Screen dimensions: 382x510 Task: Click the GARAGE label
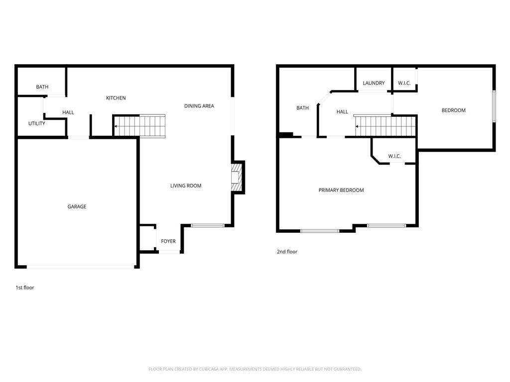pos(77,206)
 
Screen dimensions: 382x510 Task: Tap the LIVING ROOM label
pos(186,186)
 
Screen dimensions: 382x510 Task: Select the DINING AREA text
pos(199,106)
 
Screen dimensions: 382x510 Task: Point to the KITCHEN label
pos(116,98)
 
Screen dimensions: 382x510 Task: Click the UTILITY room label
pos(36,123)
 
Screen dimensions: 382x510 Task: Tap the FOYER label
pos(168,241)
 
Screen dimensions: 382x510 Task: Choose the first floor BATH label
pos(42,87)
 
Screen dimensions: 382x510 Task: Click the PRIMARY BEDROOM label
pos(341,190)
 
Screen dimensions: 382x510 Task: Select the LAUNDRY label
pos(374,83)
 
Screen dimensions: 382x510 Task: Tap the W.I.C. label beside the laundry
pos(404,83)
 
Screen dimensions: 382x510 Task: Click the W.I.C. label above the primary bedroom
pos(394,156)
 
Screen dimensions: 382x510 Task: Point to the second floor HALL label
pos(342,112)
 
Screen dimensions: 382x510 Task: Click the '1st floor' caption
pos(25,287)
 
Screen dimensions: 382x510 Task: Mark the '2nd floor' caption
pos(287,252)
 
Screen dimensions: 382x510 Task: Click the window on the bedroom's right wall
pos(494,106)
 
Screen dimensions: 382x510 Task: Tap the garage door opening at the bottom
pos(80,267)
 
